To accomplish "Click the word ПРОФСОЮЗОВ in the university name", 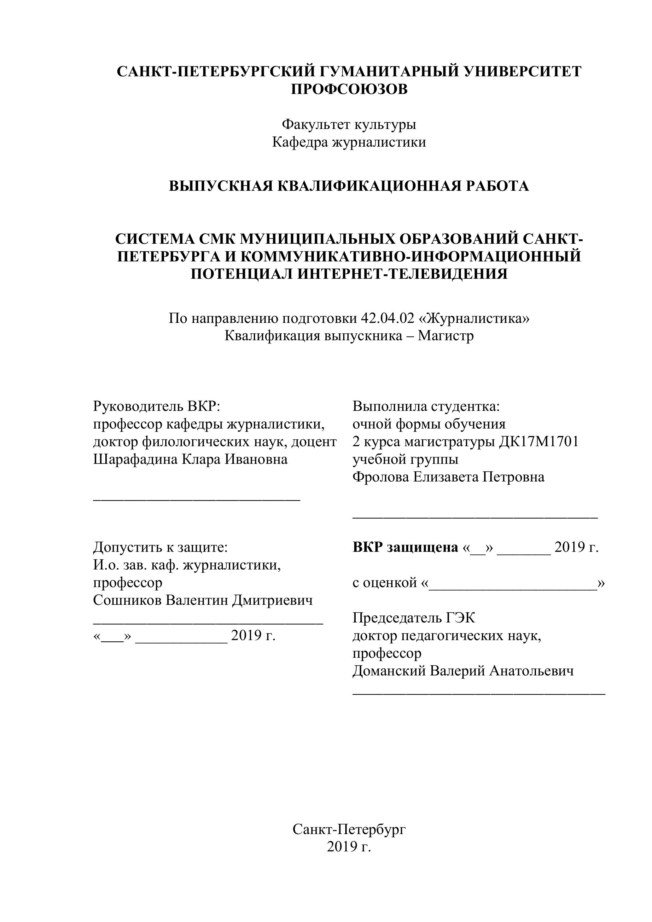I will click(349, 89).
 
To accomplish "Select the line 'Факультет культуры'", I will click(349, 125).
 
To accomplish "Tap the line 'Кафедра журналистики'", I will click(349, 142).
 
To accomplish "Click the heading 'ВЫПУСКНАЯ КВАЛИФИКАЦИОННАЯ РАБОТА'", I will click(349, 186).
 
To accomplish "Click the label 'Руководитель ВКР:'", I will click(157, 406).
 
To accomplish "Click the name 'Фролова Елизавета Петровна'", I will click(448, 477).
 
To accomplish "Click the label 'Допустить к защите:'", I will click(160, 547).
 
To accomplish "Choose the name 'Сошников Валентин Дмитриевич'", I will click(203, 600).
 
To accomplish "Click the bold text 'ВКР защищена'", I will click(405, 547).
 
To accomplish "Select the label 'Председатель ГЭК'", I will click(414, 618).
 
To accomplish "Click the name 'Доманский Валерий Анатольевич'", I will click(463, 671).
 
